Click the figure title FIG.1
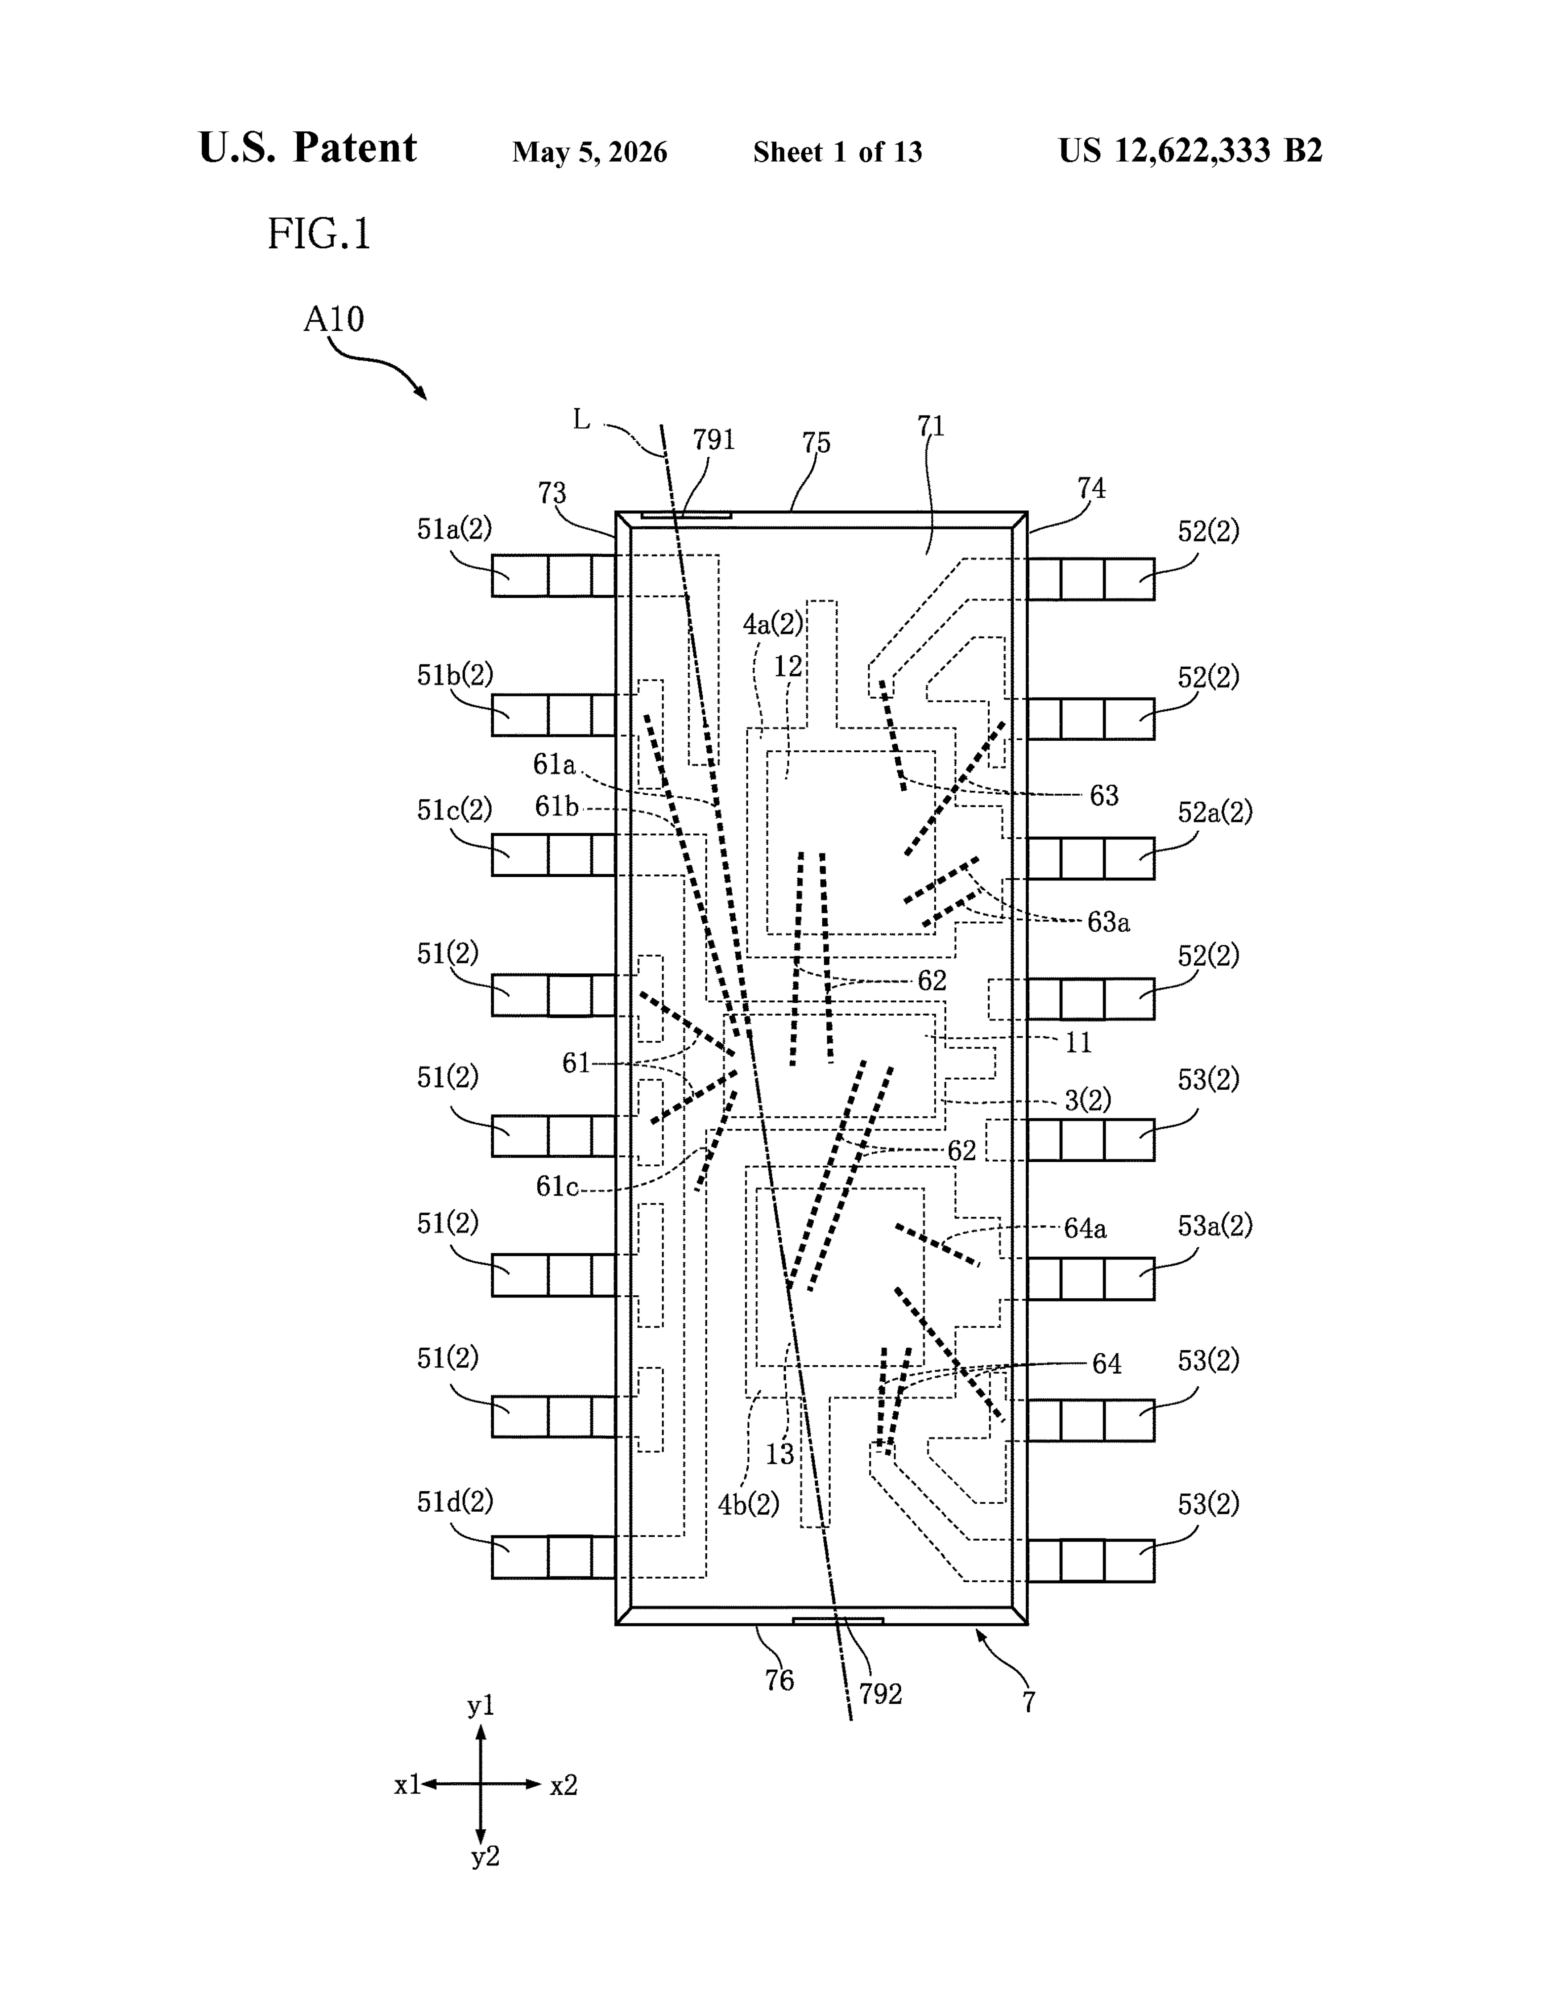[319, 234]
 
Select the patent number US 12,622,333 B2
[1190, 150]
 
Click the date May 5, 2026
[590, 152]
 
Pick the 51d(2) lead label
[454, 1501]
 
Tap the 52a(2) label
[1215, 811]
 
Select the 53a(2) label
[1215, 1226]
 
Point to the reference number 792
[880, 1694]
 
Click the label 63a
[1109, 922]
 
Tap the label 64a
[1085, 1229]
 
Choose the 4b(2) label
[748, 1505]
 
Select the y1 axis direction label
[481, 1706]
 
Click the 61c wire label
[556, 1187]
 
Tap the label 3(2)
[1088, 1100]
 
